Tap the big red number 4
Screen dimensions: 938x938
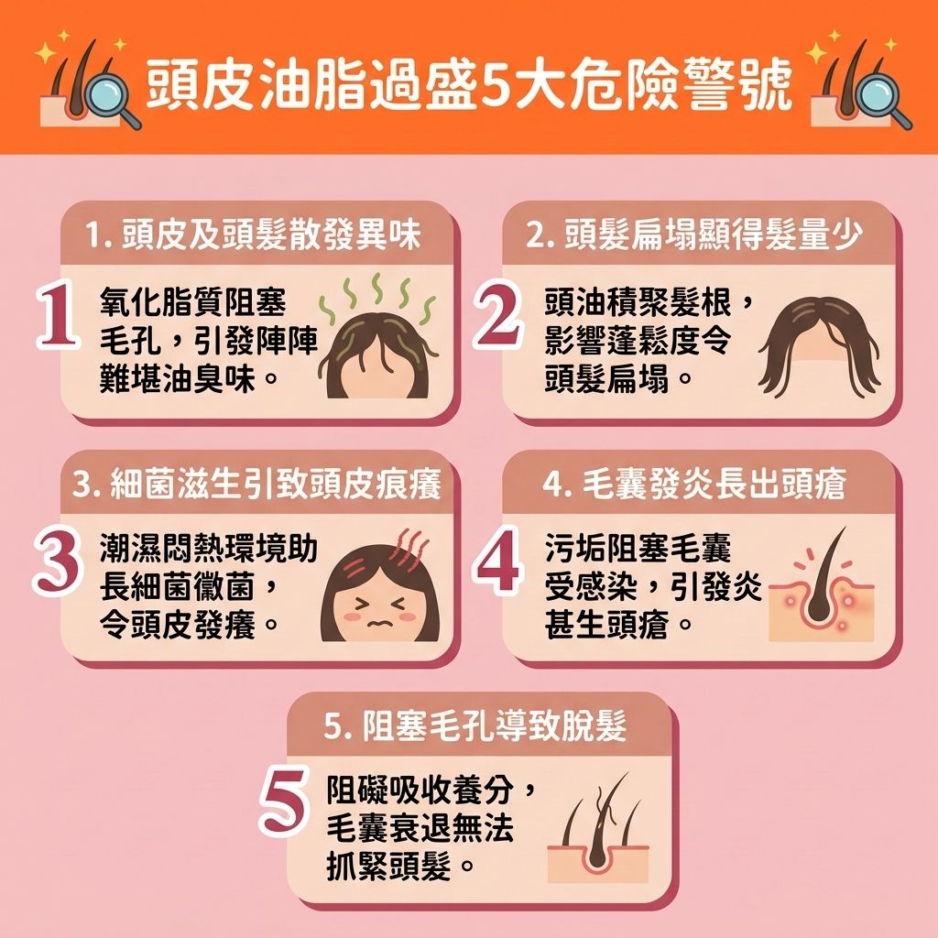coord(499,562)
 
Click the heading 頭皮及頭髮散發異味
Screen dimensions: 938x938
coord(253,234)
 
